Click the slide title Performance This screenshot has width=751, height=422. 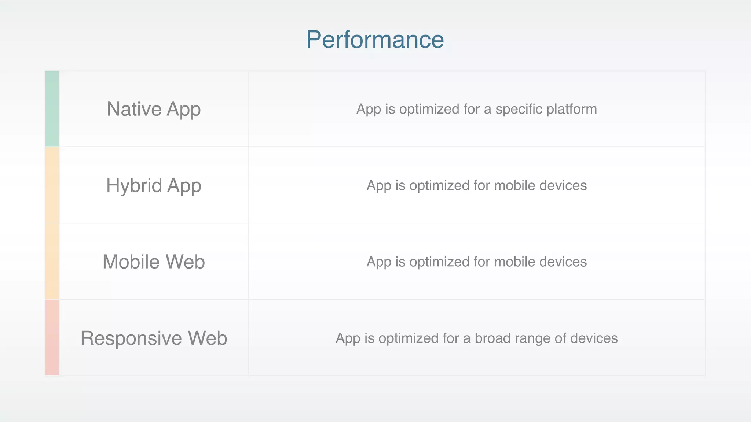tap(375, 40)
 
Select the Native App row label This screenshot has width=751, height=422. tap(154, 109)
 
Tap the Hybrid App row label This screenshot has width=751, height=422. tap(154, 185)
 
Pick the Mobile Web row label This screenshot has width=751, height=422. tap(154, 262)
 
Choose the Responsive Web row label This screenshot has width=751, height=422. tap(154, 338)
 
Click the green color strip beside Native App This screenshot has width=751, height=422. tap(52, 109)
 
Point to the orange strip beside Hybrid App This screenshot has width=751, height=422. tap(52, 185)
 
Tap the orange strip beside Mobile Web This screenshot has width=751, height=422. tap(52, 262)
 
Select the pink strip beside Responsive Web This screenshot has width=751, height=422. tap(52, 338)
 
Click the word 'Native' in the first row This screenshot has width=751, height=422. tap(134, 109)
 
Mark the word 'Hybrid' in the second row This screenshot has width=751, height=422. tap(134, 185)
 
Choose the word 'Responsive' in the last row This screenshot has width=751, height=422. tap(131, 338)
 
